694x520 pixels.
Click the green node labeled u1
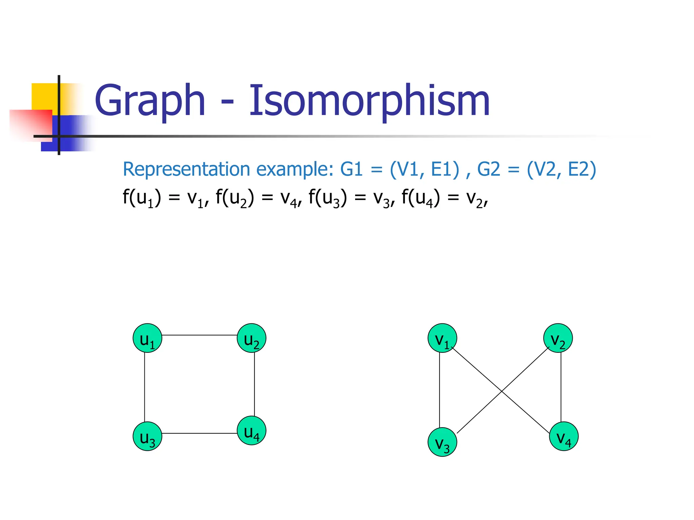coord(147,338)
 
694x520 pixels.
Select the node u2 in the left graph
coord(251,338)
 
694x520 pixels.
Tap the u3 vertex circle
coord(147,436)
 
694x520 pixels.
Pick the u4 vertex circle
coord(251,430)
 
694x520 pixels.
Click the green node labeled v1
coord(442,338)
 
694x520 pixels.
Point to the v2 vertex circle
coord(558,338)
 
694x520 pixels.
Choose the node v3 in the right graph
coord(442,442)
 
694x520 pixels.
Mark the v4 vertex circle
coord(564,436)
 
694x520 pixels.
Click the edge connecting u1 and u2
coord(199,335)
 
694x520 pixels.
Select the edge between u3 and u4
coord(199,433)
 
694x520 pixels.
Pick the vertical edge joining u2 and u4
coord(254,384)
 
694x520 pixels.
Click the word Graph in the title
coord(150,101)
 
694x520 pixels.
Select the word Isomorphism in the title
coord(369,101)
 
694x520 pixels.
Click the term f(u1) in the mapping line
coord(142,198)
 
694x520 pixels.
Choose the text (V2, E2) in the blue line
coord(561,169)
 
